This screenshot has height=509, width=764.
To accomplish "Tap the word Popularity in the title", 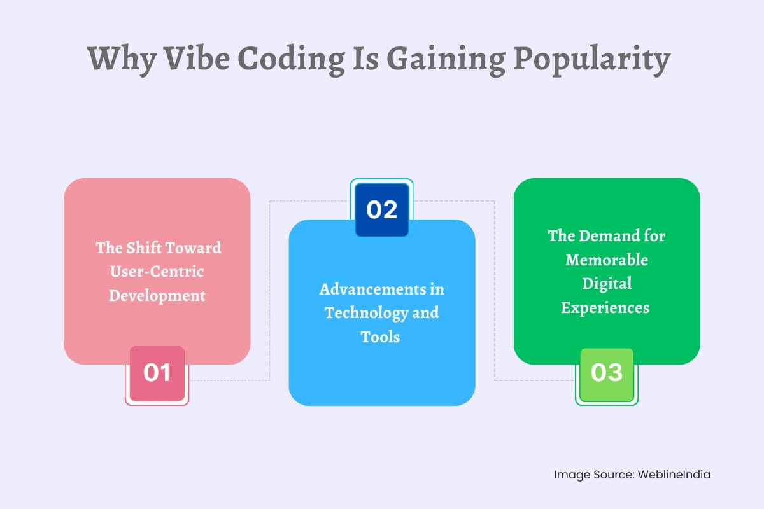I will pyautogui.click(x=591, y=59).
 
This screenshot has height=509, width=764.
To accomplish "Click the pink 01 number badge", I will pyautogui.click(x=157, y=373).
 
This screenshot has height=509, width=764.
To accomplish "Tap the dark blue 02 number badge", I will pyautogui.click(x=382, y=210).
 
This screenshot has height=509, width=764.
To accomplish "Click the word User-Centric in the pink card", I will pyautogui.click(x=157, y=272).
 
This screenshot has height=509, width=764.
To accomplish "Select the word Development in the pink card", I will pyautogui.click(x=157, y=296).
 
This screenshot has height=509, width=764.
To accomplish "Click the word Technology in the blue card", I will pyautogui.click(x=364, y=313).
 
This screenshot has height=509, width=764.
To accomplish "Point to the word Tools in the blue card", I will pyautogui.click(x=381, y=337).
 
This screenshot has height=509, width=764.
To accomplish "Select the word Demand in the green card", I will pyautogui.click(x=606, y=236).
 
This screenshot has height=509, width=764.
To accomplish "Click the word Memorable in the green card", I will pyautogui.click(x=607, y=260).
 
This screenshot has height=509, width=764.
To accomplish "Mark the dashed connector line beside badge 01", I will pyautogui.click(x=229, y=380).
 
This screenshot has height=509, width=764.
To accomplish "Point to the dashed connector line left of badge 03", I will pyautogui.click(x=535, y=380).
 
